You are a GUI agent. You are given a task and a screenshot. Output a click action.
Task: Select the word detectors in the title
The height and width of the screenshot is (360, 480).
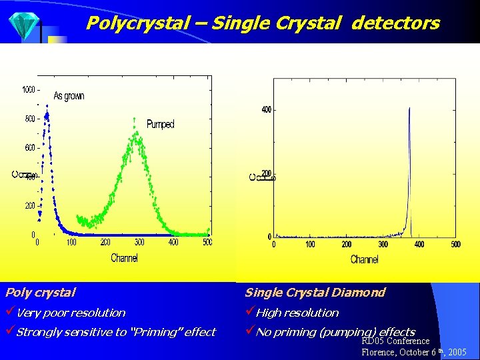tap(395, 23)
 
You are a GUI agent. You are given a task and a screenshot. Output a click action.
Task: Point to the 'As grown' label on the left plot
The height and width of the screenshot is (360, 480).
tap(69, 95)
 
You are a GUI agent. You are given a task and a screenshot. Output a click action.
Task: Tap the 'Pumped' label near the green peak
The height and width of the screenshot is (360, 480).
tap(160, 124)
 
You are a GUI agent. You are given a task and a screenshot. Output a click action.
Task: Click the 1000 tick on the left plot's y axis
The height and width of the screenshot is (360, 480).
tap(29, 89)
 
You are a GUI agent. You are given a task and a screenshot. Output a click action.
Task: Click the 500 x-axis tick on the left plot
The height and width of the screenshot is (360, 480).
tap(207, 243)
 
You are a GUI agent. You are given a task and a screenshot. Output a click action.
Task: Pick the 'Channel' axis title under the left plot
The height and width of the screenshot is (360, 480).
tap(124, 258)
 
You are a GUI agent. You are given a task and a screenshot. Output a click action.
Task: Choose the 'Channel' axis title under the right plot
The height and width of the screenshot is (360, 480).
tap(364, 259)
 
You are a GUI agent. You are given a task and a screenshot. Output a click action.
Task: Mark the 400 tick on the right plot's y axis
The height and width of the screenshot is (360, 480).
tap(265, 109)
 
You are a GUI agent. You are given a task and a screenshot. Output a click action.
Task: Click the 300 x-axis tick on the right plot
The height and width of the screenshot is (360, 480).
tap(383, 245)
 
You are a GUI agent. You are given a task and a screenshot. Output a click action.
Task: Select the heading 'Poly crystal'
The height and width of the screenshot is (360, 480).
tap(40, 292)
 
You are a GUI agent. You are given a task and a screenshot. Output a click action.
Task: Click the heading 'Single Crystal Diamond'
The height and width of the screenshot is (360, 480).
tap(315, 292)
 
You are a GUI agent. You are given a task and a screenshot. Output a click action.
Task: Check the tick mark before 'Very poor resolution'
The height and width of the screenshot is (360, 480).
tap(10, 312)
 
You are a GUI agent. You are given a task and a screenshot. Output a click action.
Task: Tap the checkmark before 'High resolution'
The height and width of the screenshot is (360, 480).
tap(250, 312)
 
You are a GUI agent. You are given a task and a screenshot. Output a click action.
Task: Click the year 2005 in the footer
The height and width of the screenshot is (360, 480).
tap(457, 352)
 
